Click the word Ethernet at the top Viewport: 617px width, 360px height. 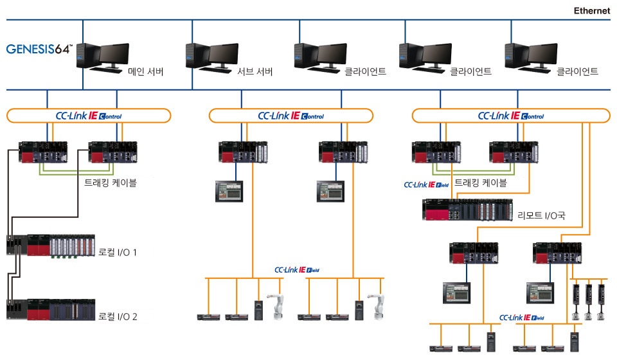point(591,11)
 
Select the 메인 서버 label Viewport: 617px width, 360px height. point(146,72)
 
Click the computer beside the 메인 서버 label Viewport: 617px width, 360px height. point(103,55)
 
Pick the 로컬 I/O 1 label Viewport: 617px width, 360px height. point(118,253)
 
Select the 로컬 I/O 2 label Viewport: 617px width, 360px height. point(118,316)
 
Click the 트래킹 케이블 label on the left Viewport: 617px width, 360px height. point(111,183)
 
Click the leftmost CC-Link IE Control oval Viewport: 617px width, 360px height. point(89,116)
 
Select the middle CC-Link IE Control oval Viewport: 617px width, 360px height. point(291,116)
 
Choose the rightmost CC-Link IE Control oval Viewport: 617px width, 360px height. point(511,116)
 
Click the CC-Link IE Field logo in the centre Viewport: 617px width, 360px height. point(297,270)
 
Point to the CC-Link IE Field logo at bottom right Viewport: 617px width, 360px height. point(521,318)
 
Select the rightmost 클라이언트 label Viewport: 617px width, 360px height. point(577,72)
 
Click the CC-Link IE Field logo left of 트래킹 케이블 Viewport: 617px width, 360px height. point(427,184)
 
